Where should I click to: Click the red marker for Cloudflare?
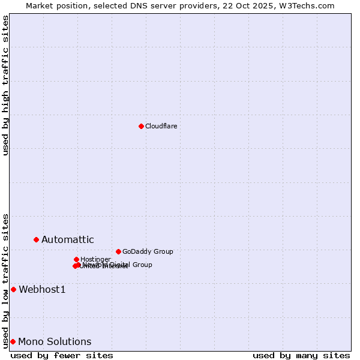pyautogui.click(x=141, y=126)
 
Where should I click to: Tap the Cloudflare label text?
pyautogui.click(x=161, y=126)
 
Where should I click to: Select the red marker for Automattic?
pyautogui.click(x=36, y=239)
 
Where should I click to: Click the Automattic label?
pyautogui.click(x=67, y=240)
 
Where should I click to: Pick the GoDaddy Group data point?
pyautogui.click(x=118, y=251)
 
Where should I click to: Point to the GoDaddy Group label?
pyautogui.click(x=148, y=251)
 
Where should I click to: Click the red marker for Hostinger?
pyautogui.click(x=76, y=259)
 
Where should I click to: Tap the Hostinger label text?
pyautogui.click(x=95, y=259)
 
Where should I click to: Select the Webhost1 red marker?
pyautogui.click(x=13, y=289)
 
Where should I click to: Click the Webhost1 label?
pyautogui.click(x=41, y=290)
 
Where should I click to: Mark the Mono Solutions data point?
pyautogui.click(x=13, y=341)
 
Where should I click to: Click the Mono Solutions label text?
pyautogui.click(x=55, y=342)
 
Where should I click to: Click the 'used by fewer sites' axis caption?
pyautogui.click(x=62, y=355)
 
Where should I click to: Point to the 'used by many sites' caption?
pyautogui.click(x=301, y=355)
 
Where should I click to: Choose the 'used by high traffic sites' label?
pyautogui.click(x=5, y=85)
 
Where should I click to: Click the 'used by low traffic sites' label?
pyautogui.click(x=5, y=280)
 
